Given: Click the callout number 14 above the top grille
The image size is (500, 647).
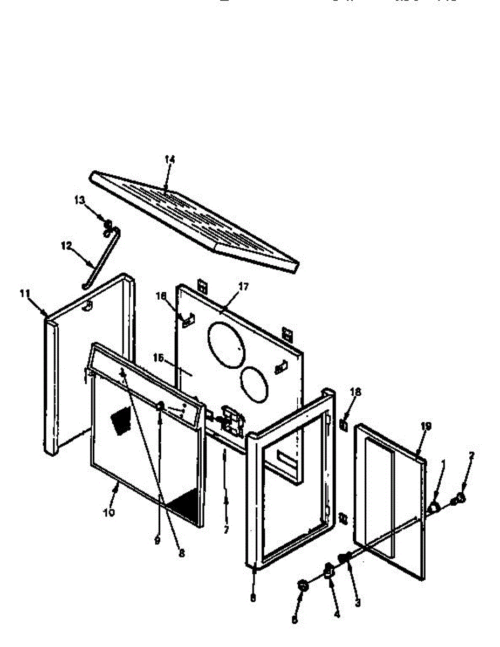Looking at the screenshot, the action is [170, 160].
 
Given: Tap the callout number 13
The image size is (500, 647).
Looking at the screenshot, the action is [80, 201].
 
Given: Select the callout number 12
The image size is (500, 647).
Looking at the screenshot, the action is [66, 245].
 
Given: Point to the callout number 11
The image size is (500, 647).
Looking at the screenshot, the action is [24, 294].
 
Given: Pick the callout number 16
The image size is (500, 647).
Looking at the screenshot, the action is [160, 296].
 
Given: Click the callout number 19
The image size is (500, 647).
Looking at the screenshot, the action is [426, 426].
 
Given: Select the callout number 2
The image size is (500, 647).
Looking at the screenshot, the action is [471, 456].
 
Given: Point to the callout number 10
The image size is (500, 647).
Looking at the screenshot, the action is [108, 512].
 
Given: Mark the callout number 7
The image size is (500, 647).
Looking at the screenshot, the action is [226, 530].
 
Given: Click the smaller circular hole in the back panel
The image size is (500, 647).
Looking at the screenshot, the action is [254, 384].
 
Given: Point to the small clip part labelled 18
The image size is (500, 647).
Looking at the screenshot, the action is [343, 425].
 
